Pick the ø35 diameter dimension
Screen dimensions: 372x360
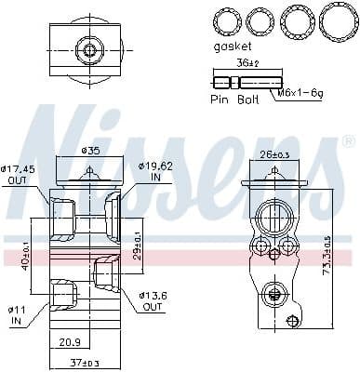coord(90,150)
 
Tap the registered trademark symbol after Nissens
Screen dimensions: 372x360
coord(348,141)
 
